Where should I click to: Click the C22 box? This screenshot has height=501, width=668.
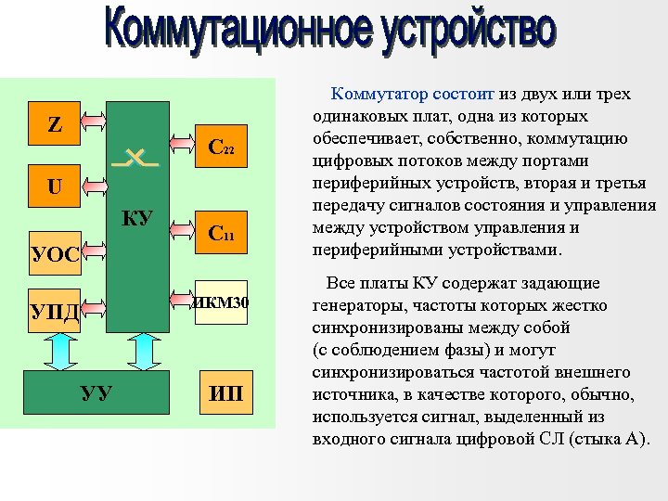(221, 146)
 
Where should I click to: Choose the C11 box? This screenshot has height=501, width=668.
(221, 234)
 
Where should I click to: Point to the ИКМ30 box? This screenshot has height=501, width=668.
(221, 302)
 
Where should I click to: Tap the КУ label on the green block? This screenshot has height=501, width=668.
(137, 219)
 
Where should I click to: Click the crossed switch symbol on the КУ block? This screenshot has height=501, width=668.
(135, 159)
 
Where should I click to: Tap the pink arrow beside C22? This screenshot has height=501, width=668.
(182, 146)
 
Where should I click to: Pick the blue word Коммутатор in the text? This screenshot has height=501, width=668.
(373, 94)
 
